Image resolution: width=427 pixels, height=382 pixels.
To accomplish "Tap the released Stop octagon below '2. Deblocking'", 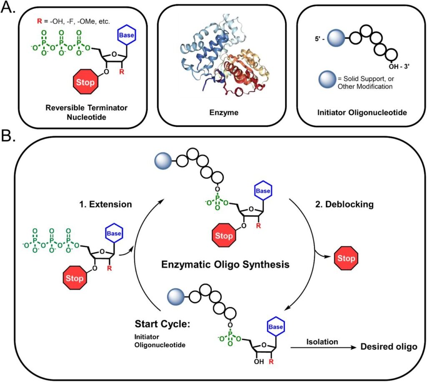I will click(346, 258).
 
